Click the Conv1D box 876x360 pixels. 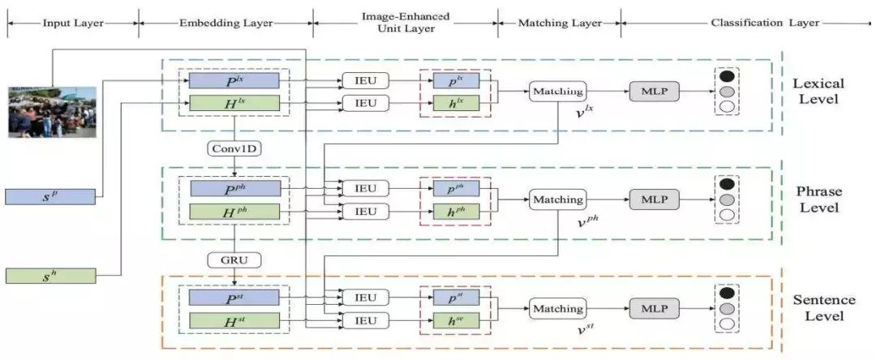(234, 148)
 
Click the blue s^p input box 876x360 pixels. (50, 197)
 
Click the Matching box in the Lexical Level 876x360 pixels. (557, 92)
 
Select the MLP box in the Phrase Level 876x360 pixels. (654, 199)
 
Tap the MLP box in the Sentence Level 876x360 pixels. (654, 308)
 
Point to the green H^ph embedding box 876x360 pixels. (234, 212)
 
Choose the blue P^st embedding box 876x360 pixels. (234, 298)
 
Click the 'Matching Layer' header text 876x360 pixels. (560, 23)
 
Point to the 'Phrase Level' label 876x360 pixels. (820, 199)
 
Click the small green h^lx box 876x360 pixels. (456, 103)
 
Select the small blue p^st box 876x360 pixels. (456, 298)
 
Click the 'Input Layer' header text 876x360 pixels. (73, 23)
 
